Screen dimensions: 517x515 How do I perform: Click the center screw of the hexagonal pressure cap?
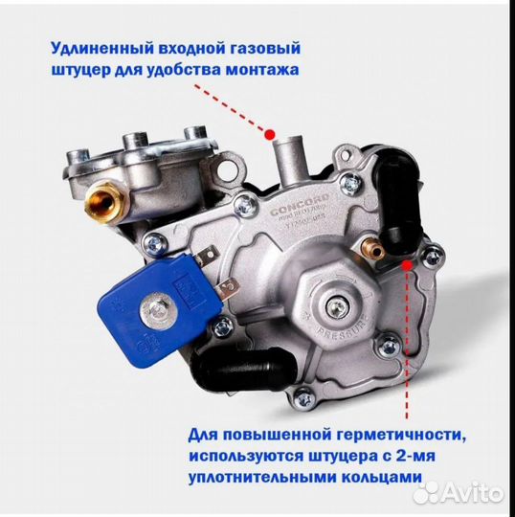335,306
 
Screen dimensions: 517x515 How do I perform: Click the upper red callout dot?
271,133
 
